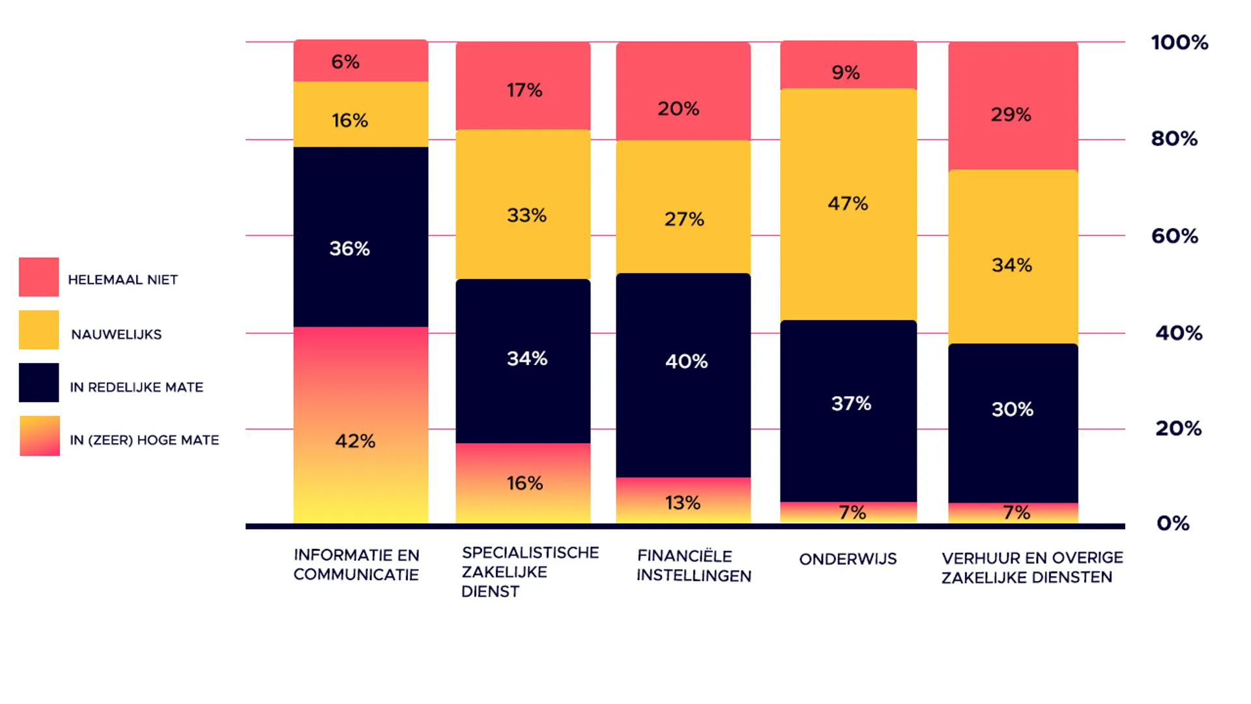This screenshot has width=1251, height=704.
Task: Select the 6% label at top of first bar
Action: (345, 62)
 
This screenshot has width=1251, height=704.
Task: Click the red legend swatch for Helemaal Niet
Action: (39, 277)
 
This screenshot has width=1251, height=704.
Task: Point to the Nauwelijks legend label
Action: (117, 334)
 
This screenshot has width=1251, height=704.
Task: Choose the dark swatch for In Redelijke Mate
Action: (39, 383)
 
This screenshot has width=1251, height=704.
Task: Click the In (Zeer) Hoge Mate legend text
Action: (145, 440)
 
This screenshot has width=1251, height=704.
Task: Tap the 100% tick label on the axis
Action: (1179, 42)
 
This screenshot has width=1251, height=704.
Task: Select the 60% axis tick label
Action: (1175, 236)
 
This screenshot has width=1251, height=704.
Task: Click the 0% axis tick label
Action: (1173, 523)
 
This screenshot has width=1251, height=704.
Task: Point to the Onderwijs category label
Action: (848, 559)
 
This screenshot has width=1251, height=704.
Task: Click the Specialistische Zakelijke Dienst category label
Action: (530, 572)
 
